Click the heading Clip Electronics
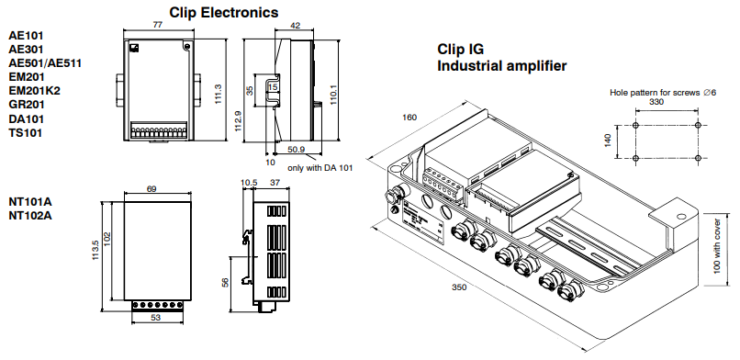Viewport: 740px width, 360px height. point(224,12)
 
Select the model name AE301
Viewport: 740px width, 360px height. point(26,49)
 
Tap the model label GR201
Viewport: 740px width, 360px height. point(27,105)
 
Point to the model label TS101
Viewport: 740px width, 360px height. point(26,132)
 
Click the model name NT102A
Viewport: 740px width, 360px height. point(30,216)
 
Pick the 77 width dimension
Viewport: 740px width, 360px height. point(158,25)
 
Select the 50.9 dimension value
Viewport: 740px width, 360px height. point(296,150)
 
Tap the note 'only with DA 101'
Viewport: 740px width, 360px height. point(320,167)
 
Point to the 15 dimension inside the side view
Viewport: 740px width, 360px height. point(273,87)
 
